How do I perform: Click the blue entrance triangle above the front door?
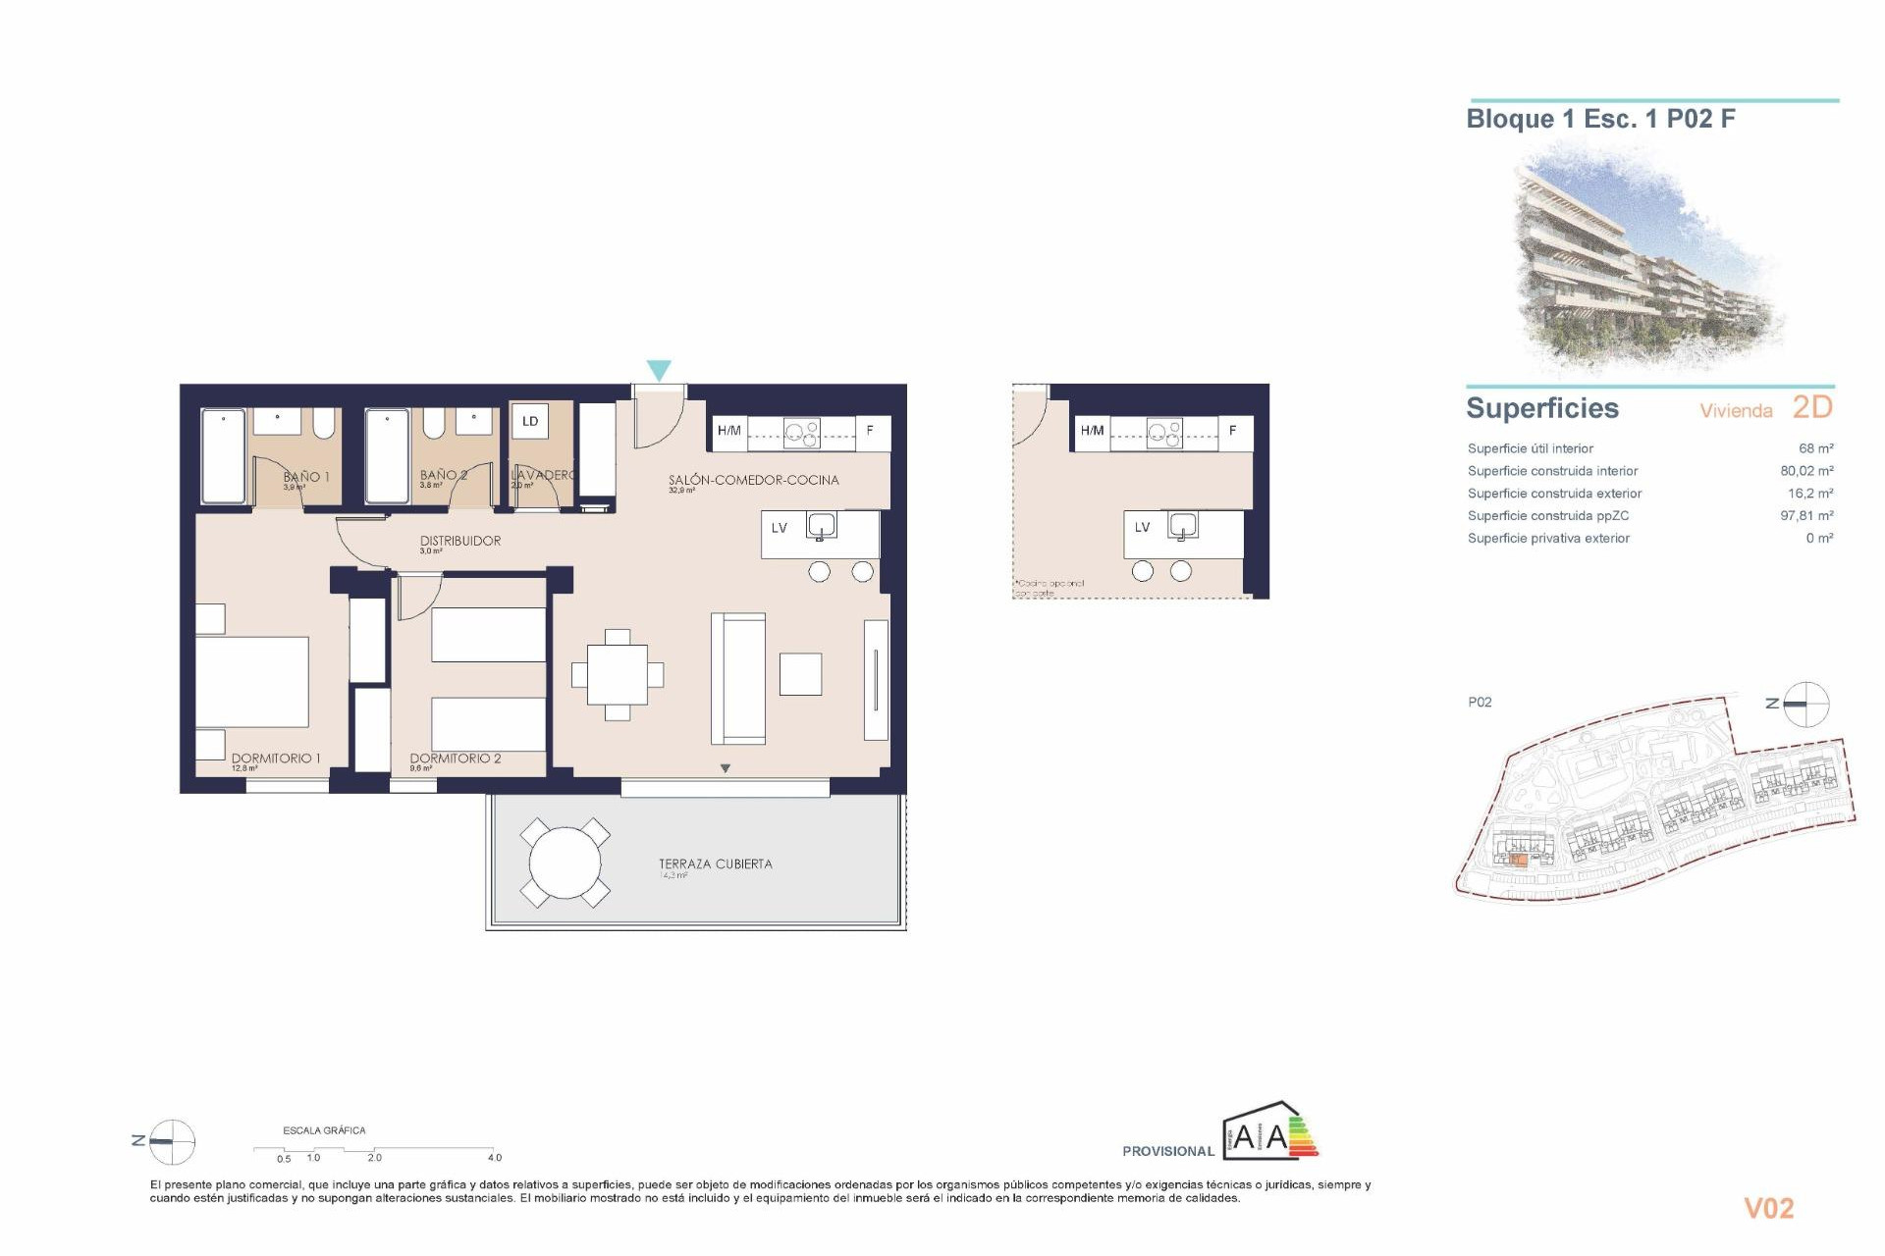[659, 370]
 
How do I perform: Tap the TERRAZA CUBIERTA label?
[715, 863]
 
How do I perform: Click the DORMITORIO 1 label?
[276, 758]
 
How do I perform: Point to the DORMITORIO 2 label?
[455, 758]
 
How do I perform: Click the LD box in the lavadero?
[530, 421]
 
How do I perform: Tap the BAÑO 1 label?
[306, 476]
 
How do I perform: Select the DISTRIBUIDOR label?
[459, 541]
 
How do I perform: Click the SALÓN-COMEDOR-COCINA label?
[753, 480]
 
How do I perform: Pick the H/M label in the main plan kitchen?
[728, 430]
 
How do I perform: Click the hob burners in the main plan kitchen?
[802, 433]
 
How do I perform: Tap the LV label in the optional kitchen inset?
[1142, 527]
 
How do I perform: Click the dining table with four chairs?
[618, 675]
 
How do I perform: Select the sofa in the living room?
[738, 678]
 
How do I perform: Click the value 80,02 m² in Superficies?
[1806, 471]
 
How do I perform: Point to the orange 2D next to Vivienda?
[1812, 407]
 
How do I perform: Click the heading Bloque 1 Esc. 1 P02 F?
[1600, 119]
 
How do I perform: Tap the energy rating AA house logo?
[1270, 1133]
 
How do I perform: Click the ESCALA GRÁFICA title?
[324, 1130]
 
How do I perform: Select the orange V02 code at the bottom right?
[1768, 1208]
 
